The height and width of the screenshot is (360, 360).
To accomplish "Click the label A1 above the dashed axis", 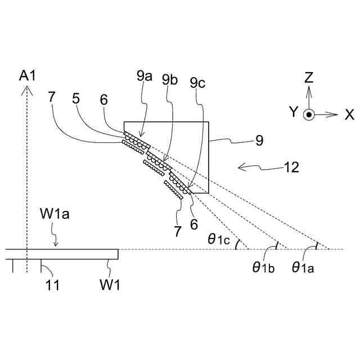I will click(x=27, y=75).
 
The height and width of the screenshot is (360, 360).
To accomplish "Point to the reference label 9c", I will click(x=198, y=83).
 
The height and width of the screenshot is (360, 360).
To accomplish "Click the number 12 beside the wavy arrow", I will click(x=291, y=166).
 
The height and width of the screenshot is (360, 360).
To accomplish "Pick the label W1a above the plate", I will click(x=55, y=215).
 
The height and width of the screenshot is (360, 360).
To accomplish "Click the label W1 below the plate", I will click(x=110, y=285).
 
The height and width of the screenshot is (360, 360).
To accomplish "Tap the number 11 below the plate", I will click(x=51, y=285).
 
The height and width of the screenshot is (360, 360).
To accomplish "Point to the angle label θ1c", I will click(x=219, y=240).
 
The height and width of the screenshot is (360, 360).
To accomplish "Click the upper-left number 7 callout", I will click(x=52, y=97).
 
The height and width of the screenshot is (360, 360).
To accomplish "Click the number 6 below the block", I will click(x=194, y=223).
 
